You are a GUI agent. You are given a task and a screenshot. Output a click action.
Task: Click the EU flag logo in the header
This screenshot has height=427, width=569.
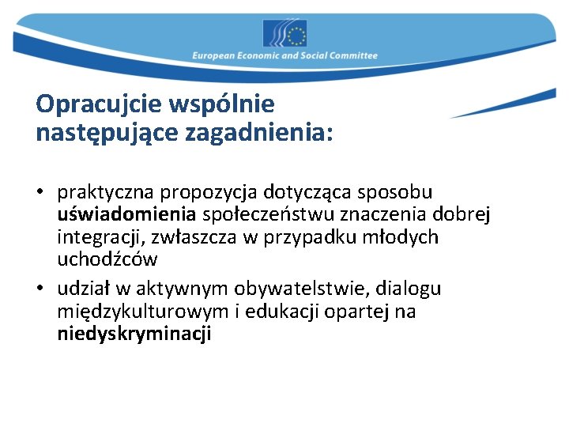(x=284, y=33)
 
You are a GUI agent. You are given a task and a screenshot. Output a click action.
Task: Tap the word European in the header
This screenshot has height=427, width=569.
(x=216, y=56)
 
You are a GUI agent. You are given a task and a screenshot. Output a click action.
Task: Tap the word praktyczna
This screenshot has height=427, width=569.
(x=106, y=192)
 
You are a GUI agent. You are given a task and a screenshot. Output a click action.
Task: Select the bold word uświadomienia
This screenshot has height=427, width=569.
(x=126, y=214)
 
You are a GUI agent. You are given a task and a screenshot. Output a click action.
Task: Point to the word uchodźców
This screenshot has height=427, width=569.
(x=107, y=259)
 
